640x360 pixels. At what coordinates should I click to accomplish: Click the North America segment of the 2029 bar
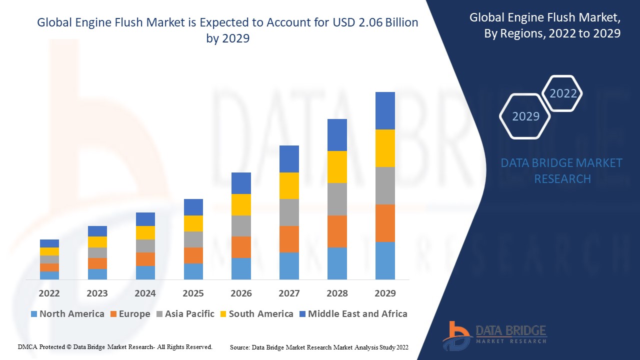(x=385, y=260)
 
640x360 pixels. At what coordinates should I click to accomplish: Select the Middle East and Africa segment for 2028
(x=337, y=135)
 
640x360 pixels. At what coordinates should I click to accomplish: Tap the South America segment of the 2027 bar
(x=289, y=185)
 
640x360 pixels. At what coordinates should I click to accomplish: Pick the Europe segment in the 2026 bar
(x=241, y=247)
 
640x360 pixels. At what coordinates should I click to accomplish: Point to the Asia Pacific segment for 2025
(x=193, y=239)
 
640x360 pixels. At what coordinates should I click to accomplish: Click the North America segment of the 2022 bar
(x=49, y=275)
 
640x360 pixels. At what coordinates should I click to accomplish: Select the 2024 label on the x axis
(x=145, y=293)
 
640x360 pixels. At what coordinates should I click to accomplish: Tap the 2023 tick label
(x=97, y=293)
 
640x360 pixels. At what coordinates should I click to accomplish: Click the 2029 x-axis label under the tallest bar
(x=385, y=293)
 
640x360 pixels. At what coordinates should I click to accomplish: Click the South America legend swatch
(x=222, y=314)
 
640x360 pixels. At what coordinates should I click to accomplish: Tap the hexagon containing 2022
(x=563, y=93)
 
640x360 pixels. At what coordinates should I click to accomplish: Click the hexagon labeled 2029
(x=525, y=116)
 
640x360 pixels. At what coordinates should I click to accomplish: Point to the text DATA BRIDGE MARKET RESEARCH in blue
(x=562, y=170)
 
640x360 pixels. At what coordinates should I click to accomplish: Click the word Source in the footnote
(x=239, y=347)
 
